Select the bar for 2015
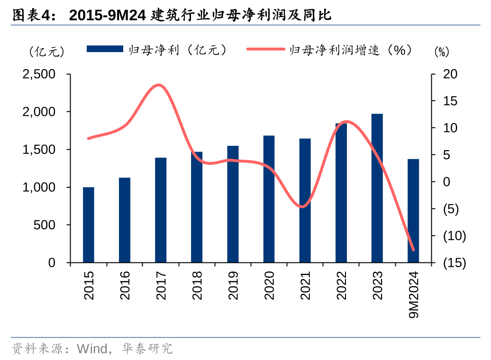89,225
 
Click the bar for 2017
161,210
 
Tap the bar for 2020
269,199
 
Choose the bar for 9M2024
413,211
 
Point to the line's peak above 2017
159,85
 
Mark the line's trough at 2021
303,207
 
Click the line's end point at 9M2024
413,250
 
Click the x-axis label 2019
233,285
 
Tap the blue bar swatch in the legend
104,49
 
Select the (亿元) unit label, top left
46,51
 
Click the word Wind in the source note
92,349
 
